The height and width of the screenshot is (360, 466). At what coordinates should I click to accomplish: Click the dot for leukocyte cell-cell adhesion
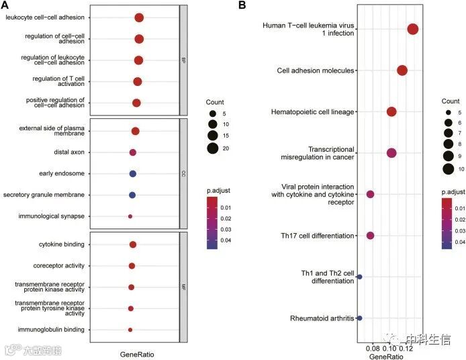[139, 17]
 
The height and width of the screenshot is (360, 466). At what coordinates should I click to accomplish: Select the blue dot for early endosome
[133, 174]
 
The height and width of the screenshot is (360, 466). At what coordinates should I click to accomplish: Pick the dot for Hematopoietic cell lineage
[391, 111]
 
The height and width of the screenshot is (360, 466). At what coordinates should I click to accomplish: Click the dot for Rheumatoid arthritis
[360, 318]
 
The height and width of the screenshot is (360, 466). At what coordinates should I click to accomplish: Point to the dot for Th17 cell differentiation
[370, 236]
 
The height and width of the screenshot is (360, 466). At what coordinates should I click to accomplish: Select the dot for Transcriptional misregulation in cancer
[392, 153]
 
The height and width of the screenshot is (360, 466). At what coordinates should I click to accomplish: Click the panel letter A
[5, 5]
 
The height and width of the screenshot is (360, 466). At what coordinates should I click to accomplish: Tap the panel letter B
[242, 5]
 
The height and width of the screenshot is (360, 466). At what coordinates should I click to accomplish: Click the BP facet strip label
[183, 60]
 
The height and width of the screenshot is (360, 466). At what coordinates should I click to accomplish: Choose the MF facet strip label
[183, 287]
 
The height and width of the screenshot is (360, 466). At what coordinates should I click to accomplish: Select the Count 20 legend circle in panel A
[212, 148]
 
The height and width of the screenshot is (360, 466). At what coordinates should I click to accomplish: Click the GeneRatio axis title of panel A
[136, 353]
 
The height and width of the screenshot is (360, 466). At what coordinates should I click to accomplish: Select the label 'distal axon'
[71, 152]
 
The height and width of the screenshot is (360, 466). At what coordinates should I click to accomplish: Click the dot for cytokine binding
[133, 245]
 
